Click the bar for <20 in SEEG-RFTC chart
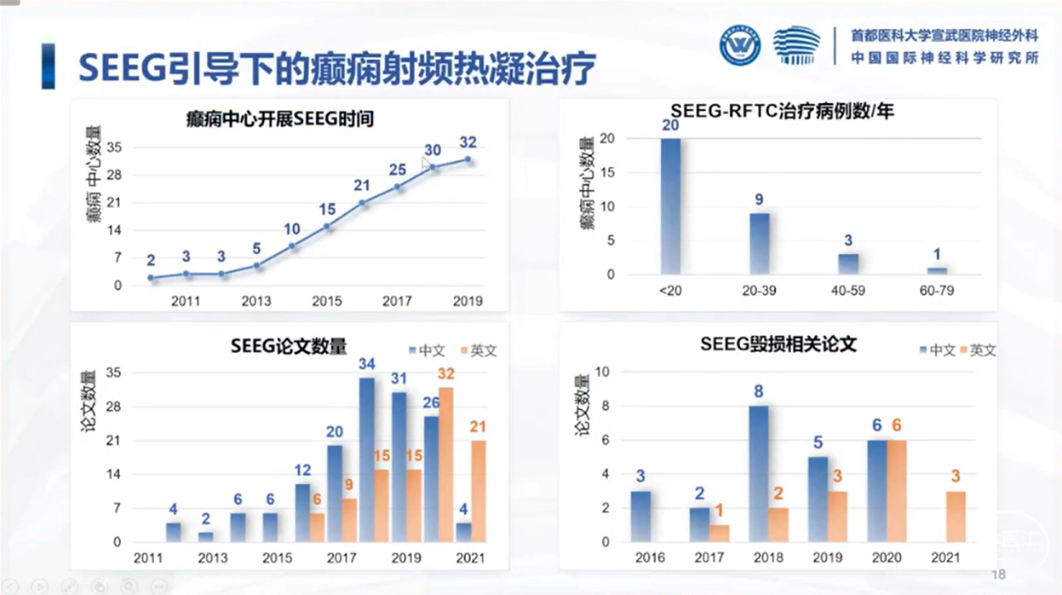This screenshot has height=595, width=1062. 670,206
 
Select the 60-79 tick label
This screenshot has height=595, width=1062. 937,291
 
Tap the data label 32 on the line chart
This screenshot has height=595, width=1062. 468,142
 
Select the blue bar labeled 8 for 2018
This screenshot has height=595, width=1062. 758,474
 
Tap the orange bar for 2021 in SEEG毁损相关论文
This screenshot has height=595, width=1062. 956,517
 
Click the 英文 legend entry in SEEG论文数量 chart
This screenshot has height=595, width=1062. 478,350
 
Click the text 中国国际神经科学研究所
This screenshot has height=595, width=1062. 944,59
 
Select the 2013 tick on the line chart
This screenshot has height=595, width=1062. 256,301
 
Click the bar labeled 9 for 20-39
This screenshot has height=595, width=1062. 760,244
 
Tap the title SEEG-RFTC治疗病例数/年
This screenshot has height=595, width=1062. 782,112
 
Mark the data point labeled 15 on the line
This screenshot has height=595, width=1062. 327,226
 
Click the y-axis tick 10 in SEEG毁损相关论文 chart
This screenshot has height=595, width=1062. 603,372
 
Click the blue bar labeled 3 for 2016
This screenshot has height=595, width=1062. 640,517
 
